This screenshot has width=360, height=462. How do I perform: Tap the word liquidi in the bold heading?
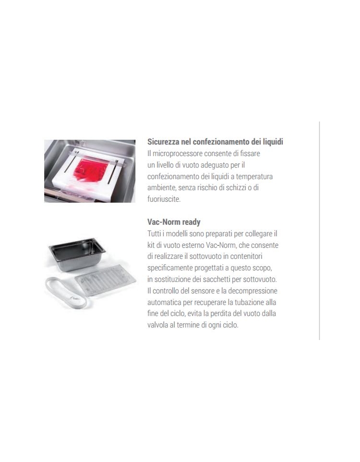(273, 142)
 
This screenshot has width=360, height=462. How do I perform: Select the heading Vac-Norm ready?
(174, 222)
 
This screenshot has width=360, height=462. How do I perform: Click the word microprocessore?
(177, 154)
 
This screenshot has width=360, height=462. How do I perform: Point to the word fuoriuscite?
(164, 199)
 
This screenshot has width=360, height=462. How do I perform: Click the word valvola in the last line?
(157, 325)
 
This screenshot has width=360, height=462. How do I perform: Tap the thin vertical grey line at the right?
(319, 231)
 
